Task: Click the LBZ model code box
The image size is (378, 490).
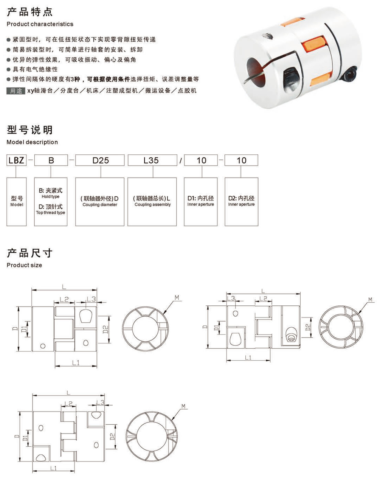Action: [16, 160]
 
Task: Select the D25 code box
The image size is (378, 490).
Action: [100, 160]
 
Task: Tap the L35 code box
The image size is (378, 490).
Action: [152, 160]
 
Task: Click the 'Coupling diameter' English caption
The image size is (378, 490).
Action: [100, 205]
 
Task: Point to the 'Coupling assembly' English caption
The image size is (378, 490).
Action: [153, 205]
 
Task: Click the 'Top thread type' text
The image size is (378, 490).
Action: [51, 213]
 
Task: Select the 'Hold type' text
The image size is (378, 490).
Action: [51, 196]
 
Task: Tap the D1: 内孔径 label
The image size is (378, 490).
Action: [200, 198]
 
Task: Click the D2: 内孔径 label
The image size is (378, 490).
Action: [241, 198]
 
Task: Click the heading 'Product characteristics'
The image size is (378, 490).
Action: [40, 24]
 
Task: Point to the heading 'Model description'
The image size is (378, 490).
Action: [32, 142]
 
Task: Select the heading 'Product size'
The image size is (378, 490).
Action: [24, 265]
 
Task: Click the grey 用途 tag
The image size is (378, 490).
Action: [16, 91]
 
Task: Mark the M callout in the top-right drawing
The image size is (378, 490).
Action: [370, 300]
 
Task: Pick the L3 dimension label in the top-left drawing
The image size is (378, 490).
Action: [91, 299]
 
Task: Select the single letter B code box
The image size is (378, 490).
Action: [51, 160]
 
